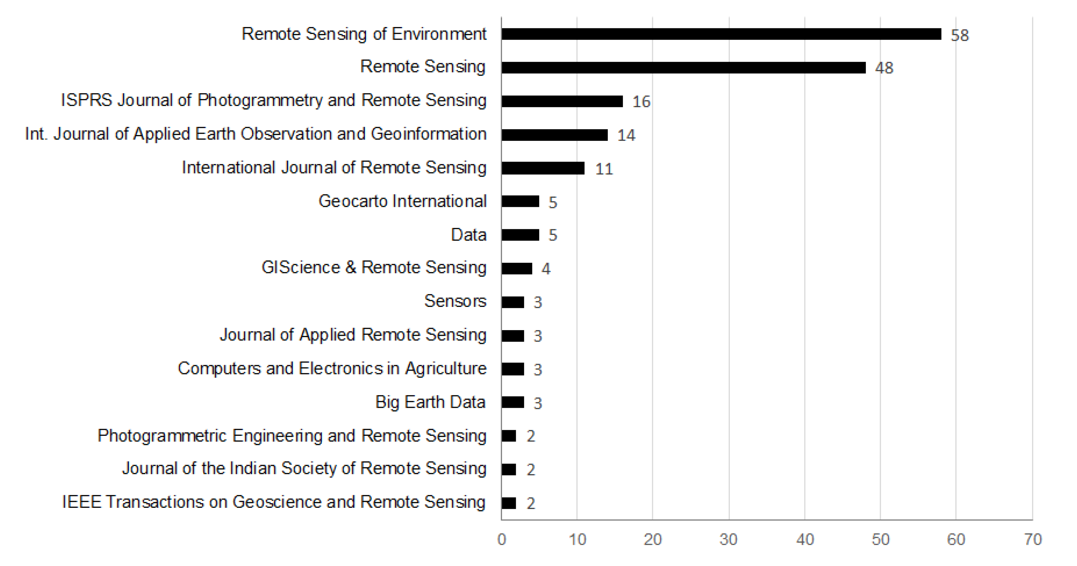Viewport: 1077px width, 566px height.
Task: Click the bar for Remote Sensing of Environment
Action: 721,34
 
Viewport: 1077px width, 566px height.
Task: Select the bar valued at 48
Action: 684,68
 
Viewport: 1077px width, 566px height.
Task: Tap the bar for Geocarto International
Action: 521,201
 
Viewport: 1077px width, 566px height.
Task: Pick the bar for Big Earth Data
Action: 513,402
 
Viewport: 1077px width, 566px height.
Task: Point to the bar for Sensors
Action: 513,302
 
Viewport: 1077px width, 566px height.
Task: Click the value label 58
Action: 960,36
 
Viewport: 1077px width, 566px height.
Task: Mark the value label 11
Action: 604,169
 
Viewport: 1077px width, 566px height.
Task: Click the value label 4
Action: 546,269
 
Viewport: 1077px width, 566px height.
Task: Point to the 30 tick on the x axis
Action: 728,540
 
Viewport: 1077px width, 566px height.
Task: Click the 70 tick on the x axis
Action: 1032,540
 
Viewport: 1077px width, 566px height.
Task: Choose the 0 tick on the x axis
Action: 502,540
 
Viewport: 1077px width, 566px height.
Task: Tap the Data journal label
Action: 469,235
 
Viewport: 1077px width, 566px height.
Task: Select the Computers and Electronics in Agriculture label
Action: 332,369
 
